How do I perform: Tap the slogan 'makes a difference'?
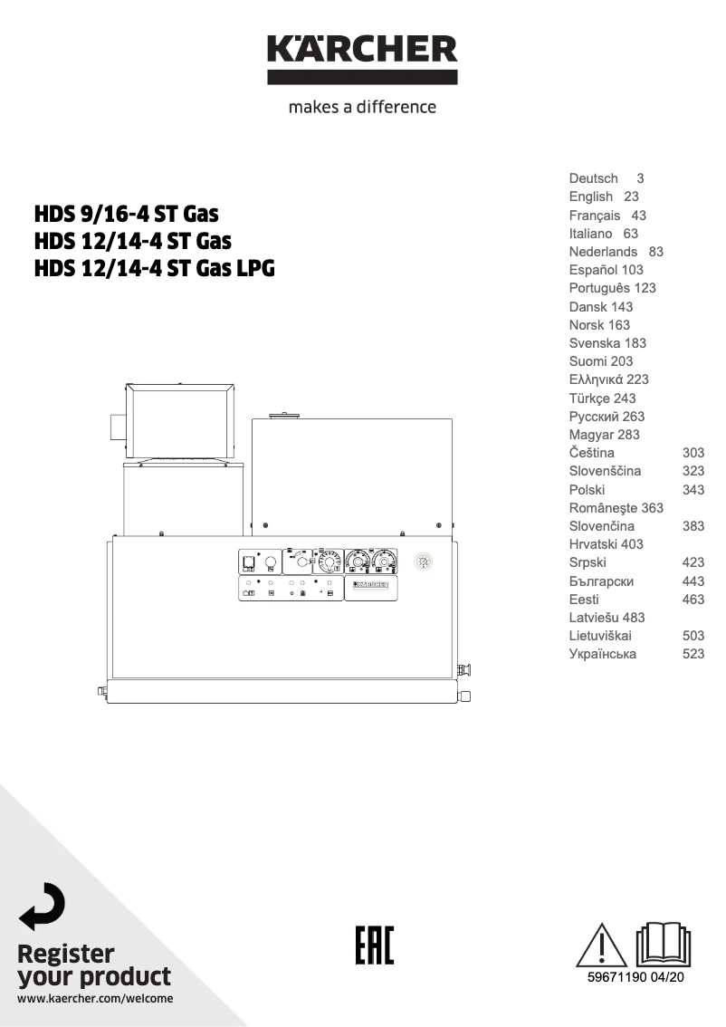click(x=362, y=107)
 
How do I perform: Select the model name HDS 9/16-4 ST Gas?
click(x=126, y=216)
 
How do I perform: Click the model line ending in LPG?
click(x=153, y=269)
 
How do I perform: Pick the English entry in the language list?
click(x=591, y=197)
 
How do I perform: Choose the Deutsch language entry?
click(x=594, y=178)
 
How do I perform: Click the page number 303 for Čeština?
click(x=693, y=453)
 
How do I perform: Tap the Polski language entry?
click(x=587, y=489)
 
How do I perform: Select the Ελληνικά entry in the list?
click(x=595, y=379)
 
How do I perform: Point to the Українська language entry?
click(x=602, y=654)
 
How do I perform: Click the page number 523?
click(x=693, y=654)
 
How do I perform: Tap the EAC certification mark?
click(x=372, y=945)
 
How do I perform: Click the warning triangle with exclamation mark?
click(x=601, y=944)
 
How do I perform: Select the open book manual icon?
click(x=664, y=944)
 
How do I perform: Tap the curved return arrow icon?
click(x=43, y=906)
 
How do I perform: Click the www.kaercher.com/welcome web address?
click(x=95, y=999)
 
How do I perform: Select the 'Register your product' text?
click(x=94, y=965)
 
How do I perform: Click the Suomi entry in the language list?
click(x=589, y=361)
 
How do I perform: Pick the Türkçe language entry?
click(x=590, y=398)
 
